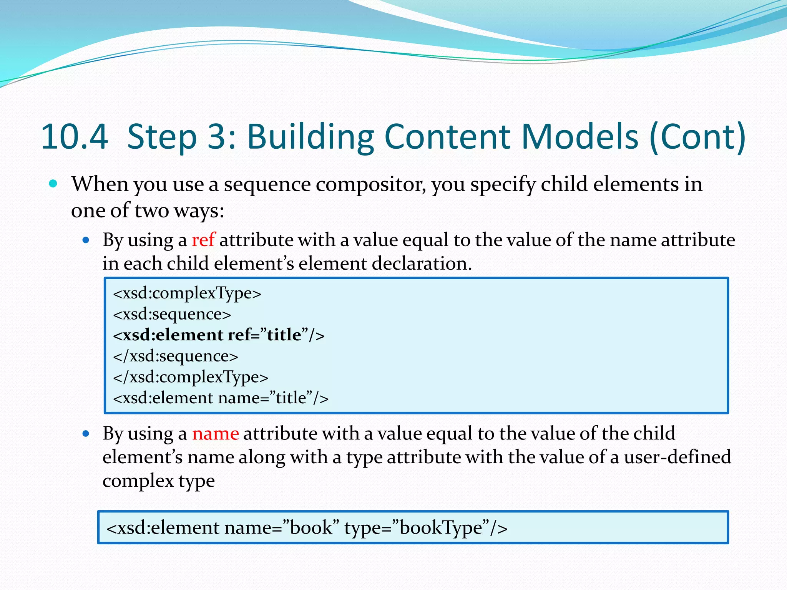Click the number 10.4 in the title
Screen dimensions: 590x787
click(x=75, y=136)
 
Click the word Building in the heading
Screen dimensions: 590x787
click(x=310, y=136)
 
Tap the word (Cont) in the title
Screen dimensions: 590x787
click(x=697, y=136)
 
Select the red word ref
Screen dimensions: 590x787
click(x=203, y=240)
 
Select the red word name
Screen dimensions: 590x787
click(x=216, y=434)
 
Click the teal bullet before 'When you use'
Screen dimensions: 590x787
click(x=53, y=184)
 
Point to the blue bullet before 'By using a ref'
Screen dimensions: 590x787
click(x=86, y=241)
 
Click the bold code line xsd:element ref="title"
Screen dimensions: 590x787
click(x=219, y=335)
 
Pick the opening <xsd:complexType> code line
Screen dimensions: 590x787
click(x=187, y=293)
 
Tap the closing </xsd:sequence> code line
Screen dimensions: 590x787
click(x=176, y=356)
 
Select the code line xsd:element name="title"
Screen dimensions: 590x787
click(x=221, y=398)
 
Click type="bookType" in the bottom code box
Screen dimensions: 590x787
click(x=426, y=527)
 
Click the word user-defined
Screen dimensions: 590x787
click(x=677, y=457)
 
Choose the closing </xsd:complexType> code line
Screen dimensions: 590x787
click(x=191, y=377)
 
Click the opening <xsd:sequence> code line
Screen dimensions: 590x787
click(x=172, y=314)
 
